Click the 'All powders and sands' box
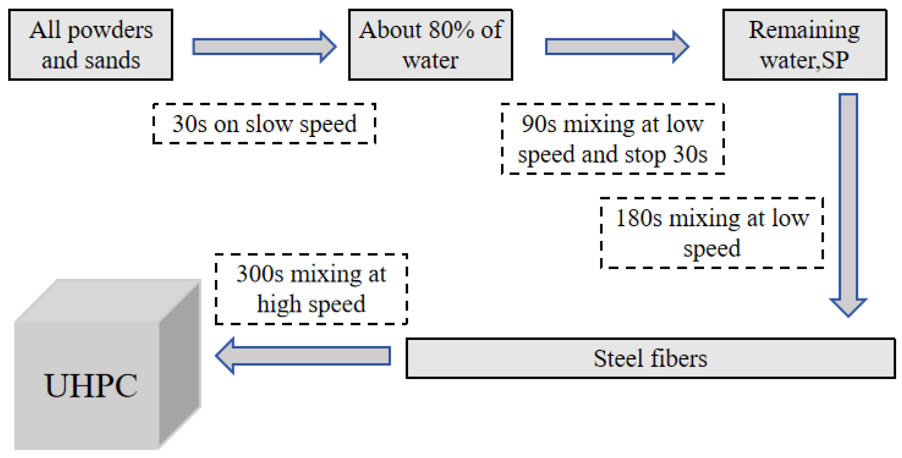click(91, 45)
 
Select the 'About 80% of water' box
click(430, 45)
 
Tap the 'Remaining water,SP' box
click(804, 45)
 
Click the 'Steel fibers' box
click(650, 358)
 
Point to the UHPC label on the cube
click(91, 386)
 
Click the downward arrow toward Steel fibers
click(848, 203)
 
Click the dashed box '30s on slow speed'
click(264, 124)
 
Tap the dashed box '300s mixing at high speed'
click(311, 289)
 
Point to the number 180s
click(638, 218)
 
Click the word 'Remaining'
click(804, 30)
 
